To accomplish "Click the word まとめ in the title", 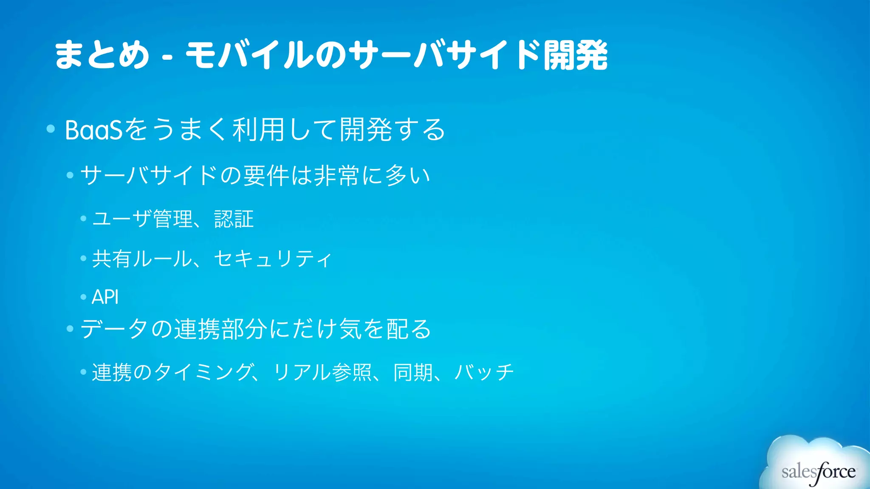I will pyautogui.click(x=102, y=55).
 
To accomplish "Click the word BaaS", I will pyautogui.click(x=93, y=130).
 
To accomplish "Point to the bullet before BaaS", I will pyautogui.click(x=51, y=129).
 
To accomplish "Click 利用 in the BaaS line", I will pyautogui.click(x=258, y=130).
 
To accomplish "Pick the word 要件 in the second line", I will pyautogui.click(x=266, y=175).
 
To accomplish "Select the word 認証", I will pyautogui.click(x=234, y=219).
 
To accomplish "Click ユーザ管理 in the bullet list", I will pyautogui.click(x=142, y=219).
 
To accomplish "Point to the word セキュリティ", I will pyautogui.click(x=272, y=259).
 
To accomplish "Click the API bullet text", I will pyautogui.click(x=105, y=297).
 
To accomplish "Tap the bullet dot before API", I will pyautogui.click(x=83, y=297).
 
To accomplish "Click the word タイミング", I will pyautogui.click(x=203, y=372).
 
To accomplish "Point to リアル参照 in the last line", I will pyautogui.click(x=322, y=372).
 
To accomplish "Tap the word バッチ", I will pyautogui.click(x=484, y=372).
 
